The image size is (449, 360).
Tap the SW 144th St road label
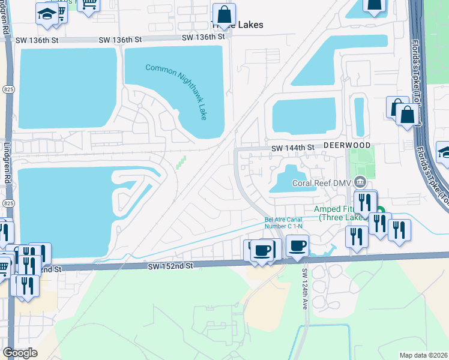pos(293,148)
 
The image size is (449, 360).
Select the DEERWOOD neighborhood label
pos(345,146)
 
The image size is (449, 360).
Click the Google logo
pos(20,353)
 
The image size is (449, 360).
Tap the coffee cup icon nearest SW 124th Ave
pos(297,246)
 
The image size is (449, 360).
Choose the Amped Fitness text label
pos(340,212)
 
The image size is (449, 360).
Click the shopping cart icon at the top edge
pos(91,5)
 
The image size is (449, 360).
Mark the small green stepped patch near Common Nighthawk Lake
pos(181,163)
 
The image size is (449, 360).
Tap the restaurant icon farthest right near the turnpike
pos(399,230)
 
